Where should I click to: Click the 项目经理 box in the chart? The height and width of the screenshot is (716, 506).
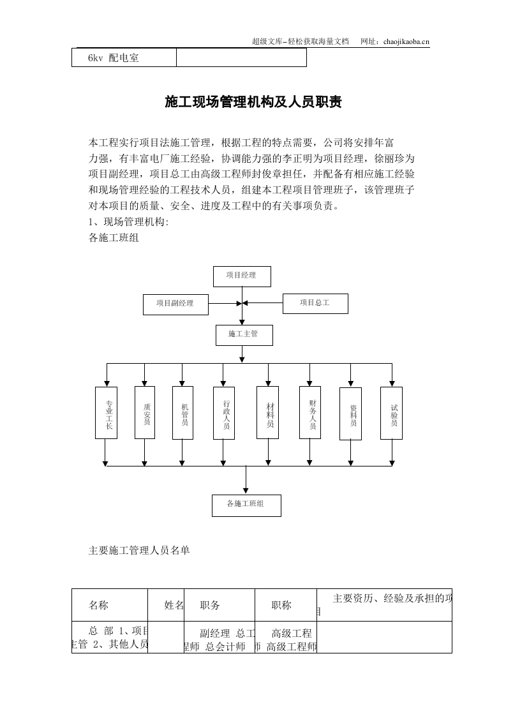coord(241,276)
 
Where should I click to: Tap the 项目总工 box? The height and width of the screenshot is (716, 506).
coord(315,304)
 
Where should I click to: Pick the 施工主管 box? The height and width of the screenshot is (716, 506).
coord(244,335)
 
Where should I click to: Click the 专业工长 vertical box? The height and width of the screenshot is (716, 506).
coord(107,413)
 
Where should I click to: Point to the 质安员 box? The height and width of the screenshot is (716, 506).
coord(146,413)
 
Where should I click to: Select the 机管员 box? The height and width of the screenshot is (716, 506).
coord(183,413)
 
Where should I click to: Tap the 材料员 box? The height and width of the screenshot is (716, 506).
coord(268,413)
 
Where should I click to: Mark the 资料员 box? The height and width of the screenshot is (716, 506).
coord(351,414)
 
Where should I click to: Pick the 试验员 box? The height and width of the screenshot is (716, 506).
coord(391,413)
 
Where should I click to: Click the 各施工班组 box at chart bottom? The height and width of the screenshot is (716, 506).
coord(246,505)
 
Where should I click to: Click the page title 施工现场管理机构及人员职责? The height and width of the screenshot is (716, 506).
coord(253,102)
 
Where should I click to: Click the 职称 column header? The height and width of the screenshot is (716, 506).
coord(281,605)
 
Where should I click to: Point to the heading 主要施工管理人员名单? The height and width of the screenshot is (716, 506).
coord(138,550)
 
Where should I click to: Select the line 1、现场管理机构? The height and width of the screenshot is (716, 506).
coord(128,222)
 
